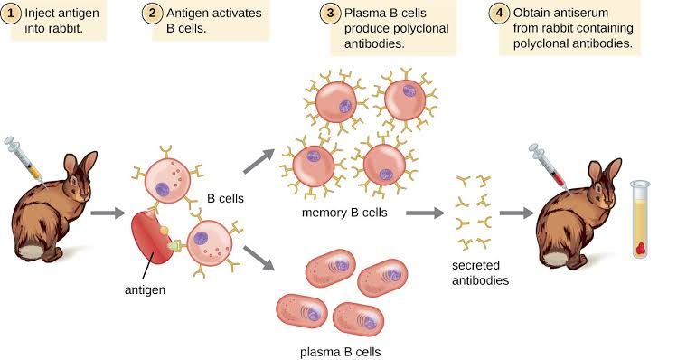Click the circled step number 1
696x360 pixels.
[12, 14]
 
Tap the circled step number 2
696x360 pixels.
[152, 14]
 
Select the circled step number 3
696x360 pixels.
[330, 14]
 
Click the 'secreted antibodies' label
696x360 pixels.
[480, 272]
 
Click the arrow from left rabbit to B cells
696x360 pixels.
[107, 213]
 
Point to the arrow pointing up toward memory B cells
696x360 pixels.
[259, 161]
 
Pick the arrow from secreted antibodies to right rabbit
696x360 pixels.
[516, 213]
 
